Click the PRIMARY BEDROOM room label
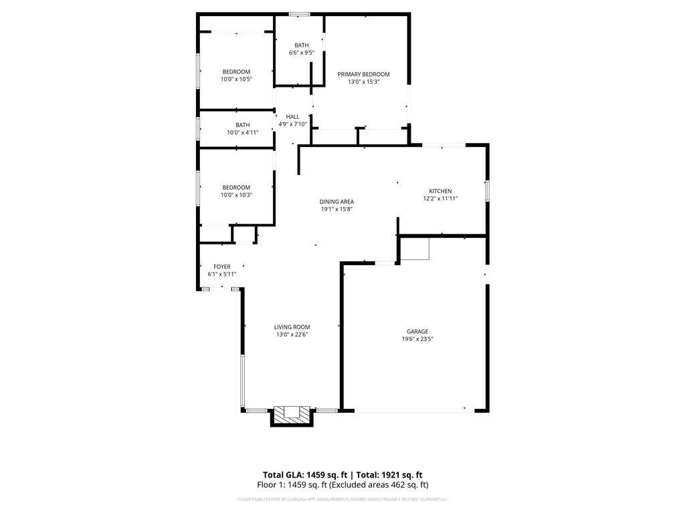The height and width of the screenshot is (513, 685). pos(363,74)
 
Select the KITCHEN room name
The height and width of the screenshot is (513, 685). pos(440,191)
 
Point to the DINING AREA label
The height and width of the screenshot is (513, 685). pos(336,202)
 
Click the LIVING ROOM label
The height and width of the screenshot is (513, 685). pos(292,327)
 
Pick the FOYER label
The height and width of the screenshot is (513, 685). pos(222,267)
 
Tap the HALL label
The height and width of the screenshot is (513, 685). pos(292,117)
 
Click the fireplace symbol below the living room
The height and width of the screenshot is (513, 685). pos(292,413)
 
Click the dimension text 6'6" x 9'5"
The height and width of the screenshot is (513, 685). pos(302,53)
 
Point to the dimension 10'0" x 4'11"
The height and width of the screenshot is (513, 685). pos(242,132)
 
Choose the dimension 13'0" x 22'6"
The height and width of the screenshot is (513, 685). pos(292,335)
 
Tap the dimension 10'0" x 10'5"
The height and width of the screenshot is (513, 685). pos(236,79)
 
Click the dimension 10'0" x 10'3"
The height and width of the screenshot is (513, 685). pos(236,195)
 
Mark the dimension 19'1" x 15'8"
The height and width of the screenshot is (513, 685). pos(336,209)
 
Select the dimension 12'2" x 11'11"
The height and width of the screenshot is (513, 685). pos(440,198)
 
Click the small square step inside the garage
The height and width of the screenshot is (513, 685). pos(415,248)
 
